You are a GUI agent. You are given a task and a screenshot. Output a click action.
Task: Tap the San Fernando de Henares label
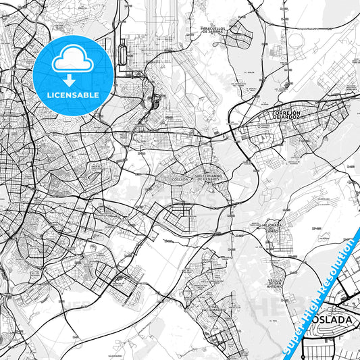(x=208, y=178)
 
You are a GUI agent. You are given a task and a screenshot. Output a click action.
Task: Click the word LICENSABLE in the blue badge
(x=74, y=94)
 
